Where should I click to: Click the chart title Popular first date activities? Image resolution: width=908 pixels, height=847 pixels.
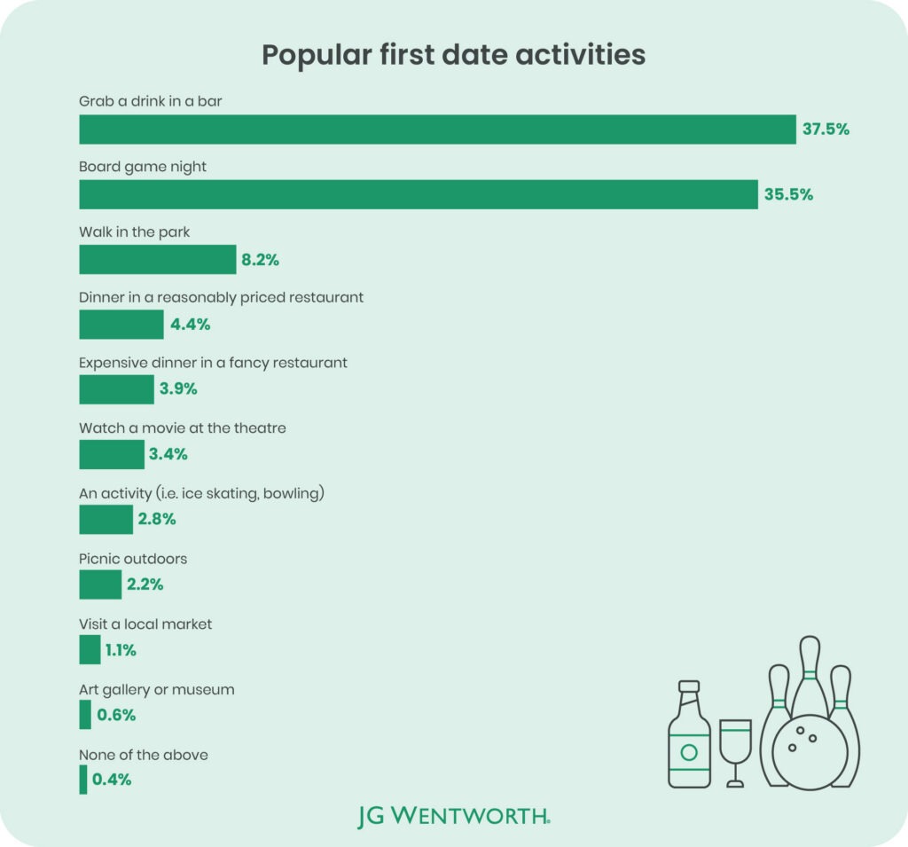coord(453,55)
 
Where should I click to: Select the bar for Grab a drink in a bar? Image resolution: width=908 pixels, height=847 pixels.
coord(437,129)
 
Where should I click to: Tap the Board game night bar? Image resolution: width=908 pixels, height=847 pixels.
coord(419,194)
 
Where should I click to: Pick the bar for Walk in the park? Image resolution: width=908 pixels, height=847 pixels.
coord(158,260)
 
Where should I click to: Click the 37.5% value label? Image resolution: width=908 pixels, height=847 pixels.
coord(826,129)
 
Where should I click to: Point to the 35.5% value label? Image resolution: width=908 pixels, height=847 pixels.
coord(789,194)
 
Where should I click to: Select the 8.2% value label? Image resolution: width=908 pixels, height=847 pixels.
coord(262,260)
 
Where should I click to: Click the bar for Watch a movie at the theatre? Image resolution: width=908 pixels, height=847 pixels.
coord(112,455)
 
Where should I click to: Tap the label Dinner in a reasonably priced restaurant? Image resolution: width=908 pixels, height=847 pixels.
coord(221,298)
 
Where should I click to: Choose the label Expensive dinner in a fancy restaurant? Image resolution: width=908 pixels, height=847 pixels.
coord(213,363)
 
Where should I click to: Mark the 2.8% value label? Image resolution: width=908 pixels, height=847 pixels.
coord(157,520)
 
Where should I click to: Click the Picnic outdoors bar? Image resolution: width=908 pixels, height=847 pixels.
coord(100,584)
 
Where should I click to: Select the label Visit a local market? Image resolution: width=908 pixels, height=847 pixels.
coord(145,623)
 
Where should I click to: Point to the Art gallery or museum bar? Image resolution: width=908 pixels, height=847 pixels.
coord(85,715)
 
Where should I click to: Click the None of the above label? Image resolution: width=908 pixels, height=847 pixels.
coord(144,754)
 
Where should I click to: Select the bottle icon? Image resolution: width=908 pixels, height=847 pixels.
coord(689,738)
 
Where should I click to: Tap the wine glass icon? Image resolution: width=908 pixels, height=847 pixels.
coord(735,750)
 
